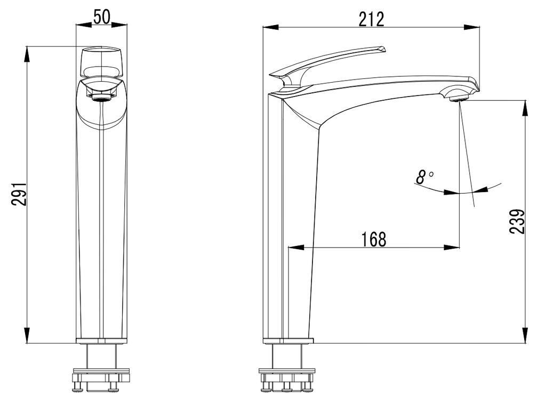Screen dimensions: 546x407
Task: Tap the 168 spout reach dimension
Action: (374, 239)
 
